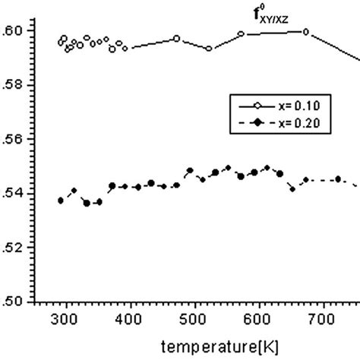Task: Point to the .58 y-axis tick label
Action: point(22,85)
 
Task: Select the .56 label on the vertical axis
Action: point(22,139)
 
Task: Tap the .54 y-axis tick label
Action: point(22,194)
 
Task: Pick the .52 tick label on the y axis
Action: point(22,248)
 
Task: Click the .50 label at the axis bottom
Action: point(22,302)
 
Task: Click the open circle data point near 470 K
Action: point(176,38)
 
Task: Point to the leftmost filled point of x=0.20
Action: point(61,201)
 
